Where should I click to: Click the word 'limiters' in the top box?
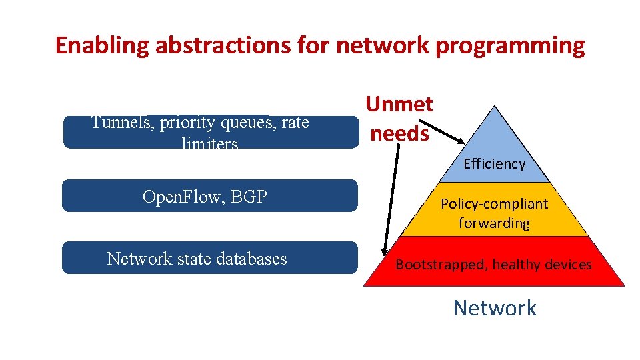point(209,143)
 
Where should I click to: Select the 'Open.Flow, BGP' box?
point(209,196)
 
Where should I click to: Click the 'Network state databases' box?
point(209,258)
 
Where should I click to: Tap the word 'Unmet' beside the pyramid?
point(399,104)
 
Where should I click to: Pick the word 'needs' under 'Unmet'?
point(399,133)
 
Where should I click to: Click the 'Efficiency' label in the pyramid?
point(494,164)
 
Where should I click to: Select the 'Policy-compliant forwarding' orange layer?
point(494,213)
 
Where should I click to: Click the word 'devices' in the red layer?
point(567,265)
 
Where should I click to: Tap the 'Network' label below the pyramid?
point(494,308)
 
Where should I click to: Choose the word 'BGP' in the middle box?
point(254,196)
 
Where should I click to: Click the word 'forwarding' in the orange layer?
point(494,223)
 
